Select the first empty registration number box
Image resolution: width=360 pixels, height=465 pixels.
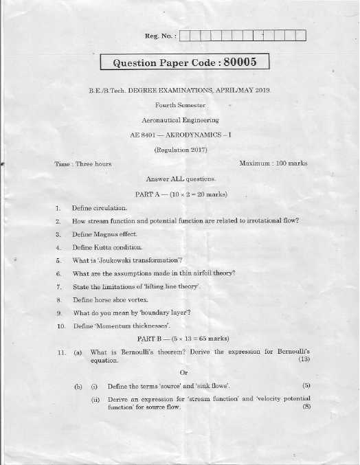tap(187, 36)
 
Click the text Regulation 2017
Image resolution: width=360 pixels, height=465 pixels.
tap(181, 148)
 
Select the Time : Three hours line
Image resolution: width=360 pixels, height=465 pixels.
tap(83, 163)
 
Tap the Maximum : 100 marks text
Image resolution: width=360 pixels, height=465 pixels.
tap(273, 163)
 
